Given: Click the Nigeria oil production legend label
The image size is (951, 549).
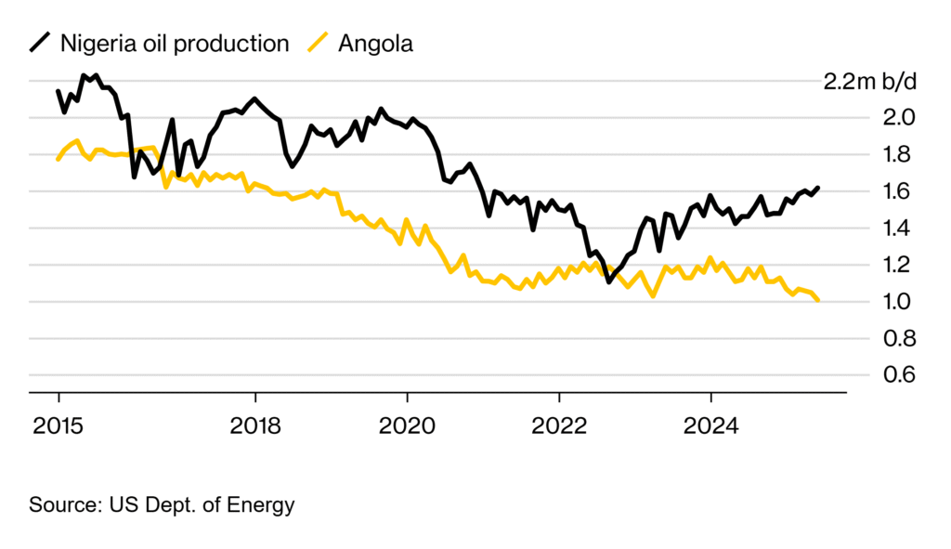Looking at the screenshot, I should point(175,43).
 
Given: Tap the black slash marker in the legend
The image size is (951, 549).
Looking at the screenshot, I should point(40,43).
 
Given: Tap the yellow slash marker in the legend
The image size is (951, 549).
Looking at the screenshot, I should point(319,43).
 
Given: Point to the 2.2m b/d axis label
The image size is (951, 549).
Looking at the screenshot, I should point(870,81).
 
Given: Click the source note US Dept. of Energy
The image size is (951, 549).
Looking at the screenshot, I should point(162,505).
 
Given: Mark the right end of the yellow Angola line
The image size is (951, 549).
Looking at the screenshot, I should point(817,300).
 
